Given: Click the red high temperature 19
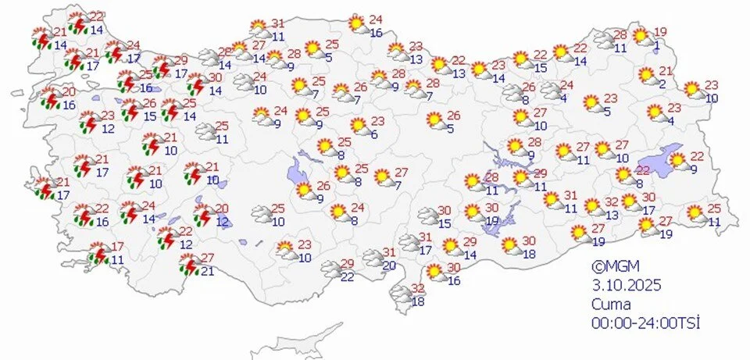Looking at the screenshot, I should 661,31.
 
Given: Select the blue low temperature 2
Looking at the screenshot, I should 662,84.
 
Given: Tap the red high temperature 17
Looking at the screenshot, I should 118,246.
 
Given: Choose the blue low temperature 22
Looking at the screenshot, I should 347,276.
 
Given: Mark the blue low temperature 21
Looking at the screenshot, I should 207,271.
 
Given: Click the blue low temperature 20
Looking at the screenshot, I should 388,266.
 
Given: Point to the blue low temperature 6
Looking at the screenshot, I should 374,135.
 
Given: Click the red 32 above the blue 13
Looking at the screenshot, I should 612,201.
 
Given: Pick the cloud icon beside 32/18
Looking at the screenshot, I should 400,294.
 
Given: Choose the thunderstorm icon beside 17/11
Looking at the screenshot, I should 98,254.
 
